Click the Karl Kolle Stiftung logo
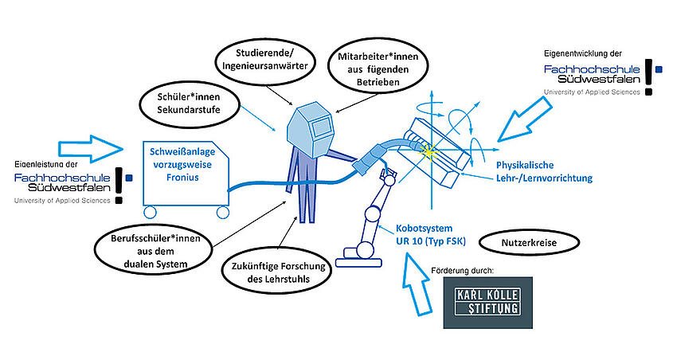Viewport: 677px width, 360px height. pyautogui.click(x=487, y=302)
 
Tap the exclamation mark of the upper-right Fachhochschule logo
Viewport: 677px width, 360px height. pyautogui.click(x=648, y=76)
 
